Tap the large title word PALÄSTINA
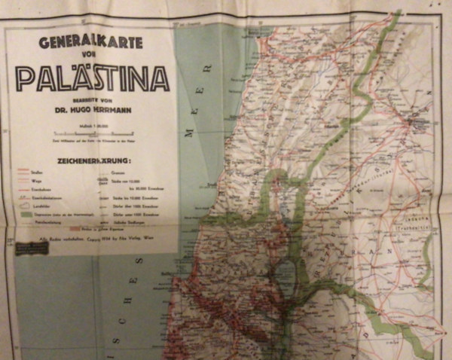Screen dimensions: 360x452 92,78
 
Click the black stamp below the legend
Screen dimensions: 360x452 32,247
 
